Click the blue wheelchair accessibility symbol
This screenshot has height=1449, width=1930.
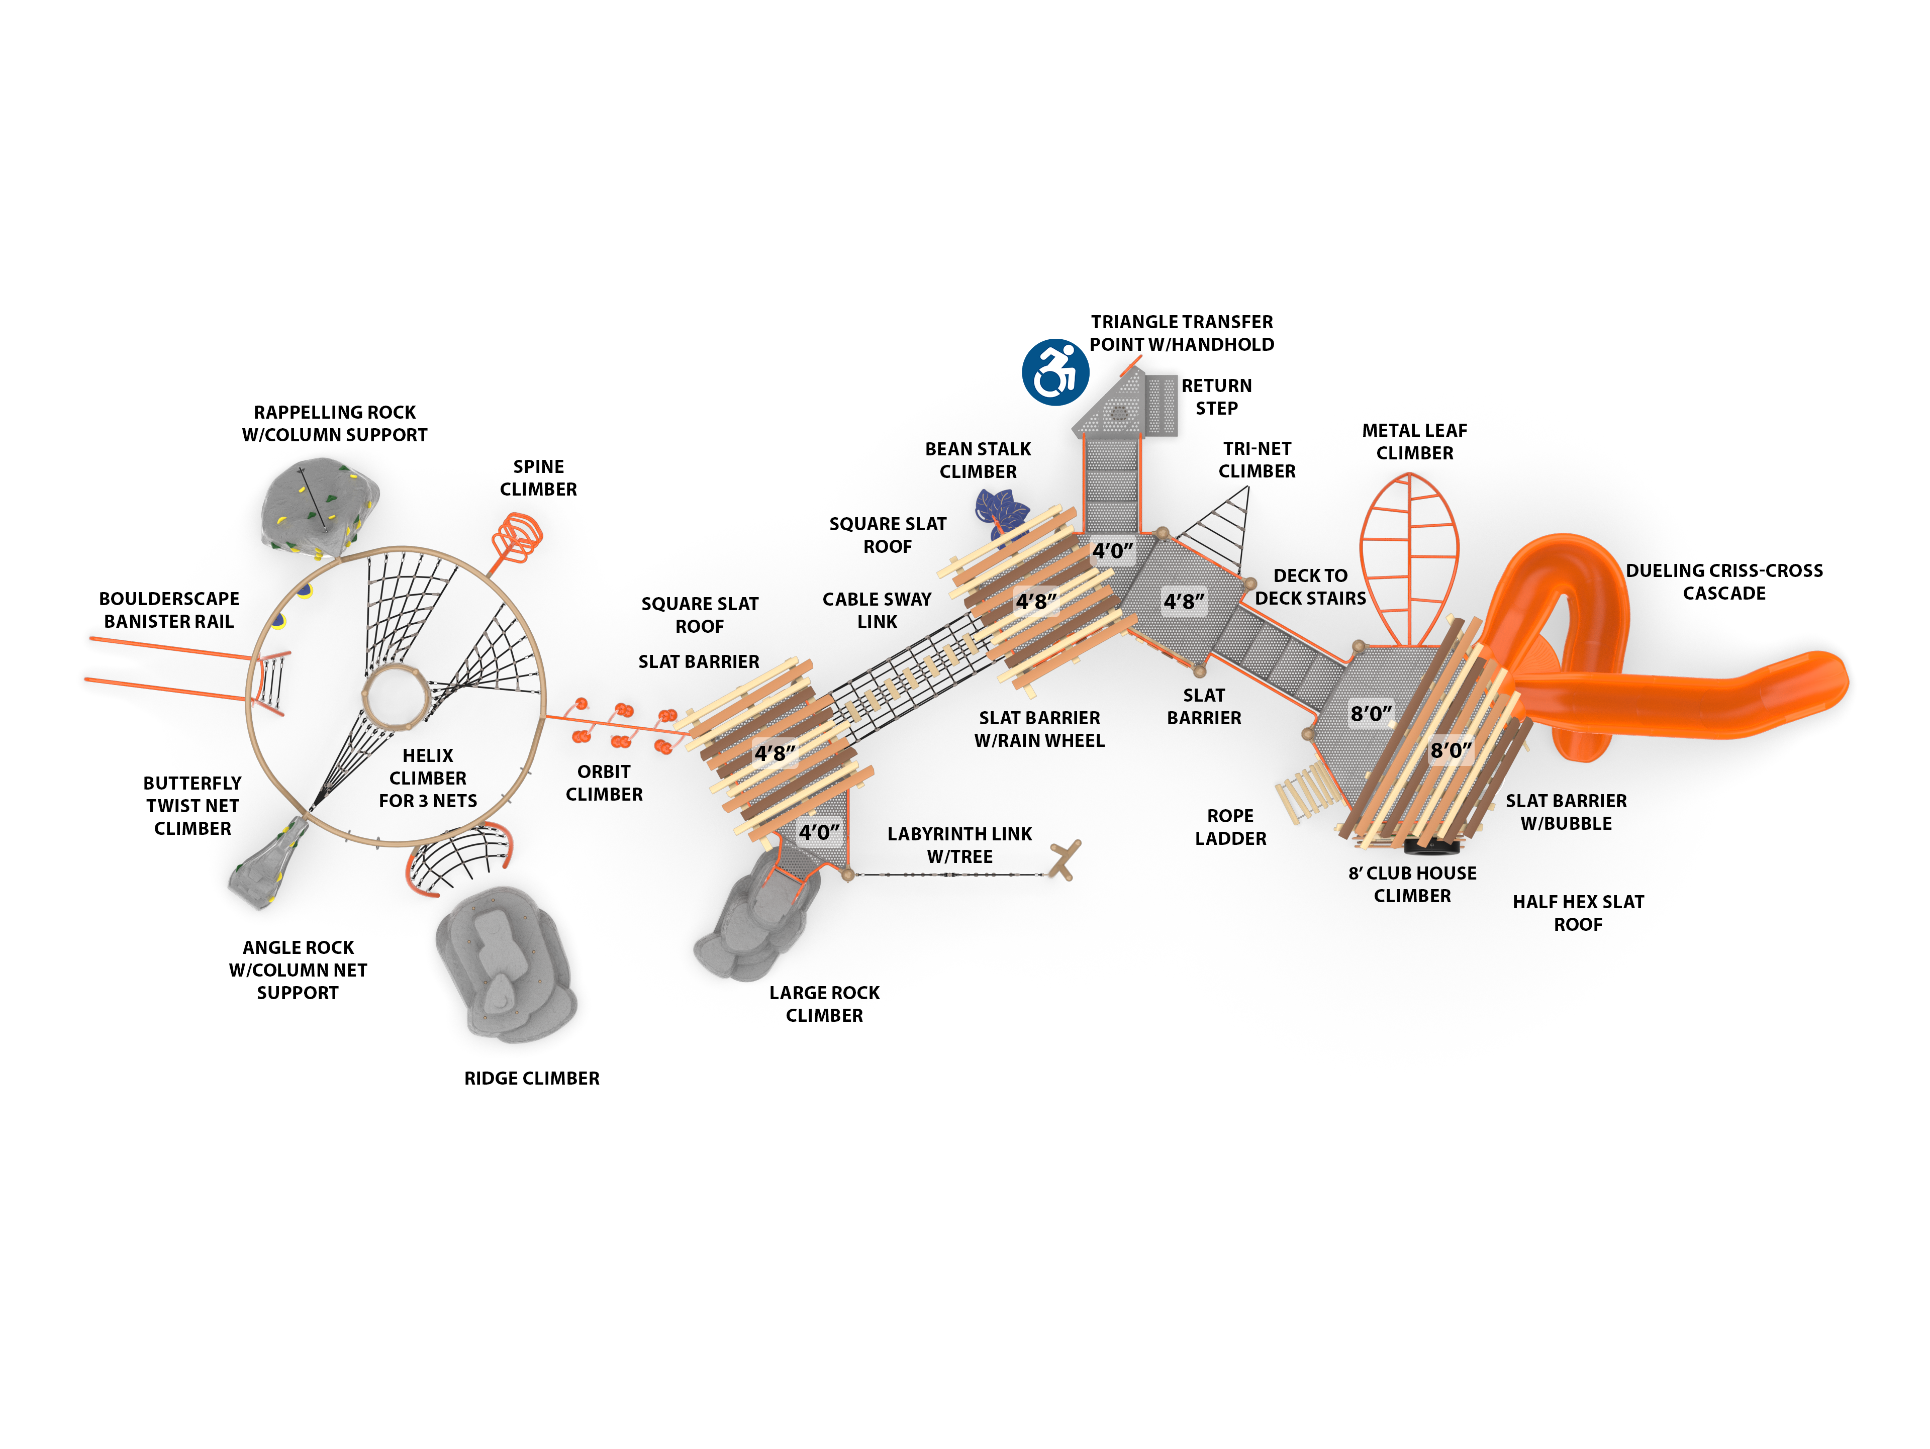1055,372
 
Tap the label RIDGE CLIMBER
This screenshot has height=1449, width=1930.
531,1078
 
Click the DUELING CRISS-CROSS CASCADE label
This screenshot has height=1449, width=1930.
1723,582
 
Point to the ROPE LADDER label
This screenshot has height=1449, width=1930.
1230,827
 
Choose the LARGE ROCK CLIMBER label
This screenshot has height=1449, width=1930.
824,1004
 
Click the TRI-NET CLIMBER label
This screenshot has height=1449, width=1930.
1257,460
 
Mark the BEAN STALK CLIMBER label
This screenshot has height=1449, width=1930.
977,460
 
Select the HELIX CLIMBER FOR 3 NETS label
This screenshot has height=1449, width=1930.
428,778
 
